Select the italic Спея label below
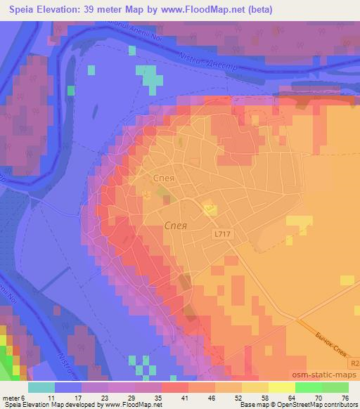click(x=175, y=226)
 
